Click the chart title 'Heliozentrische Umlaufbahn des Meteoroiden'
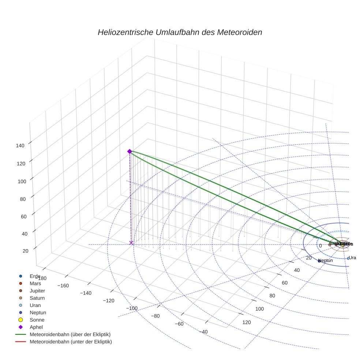pyautogui.click(x=180, y=32)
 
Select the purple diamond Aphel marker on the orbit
pyautogui.click(x=129, y=151)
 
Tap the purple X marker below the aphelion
pyautogui.click(x=131, y=243)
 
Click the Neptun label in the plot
pyautogui.click(x=326, y=260)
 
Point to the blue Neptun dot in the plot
pyautogui.click(x=319, y=261)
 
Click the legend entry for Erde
pyautogui.click(x=35, y=276)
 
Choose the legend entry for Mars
pyautogui.click(x=35, y=283)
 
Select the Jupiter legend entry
pyautogui.click(x=37, y=290)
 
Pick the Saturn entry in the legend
pyautogui.click(x=37, y=298)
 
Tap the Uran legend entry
pyautogui.click(x=35, y=305)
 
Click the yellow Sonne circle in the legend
pyautogui.click(x=20, y=320)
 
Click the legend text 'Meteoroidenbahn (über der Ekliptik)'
pyautogui.click(x=70, y=334)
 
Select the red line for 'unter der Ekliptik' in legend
pyautogui.click(x=20, y=342)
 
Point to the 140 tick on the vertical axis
pyautogui.click(x=20, y=145)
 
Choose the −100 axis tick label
pyautogui.click(x=132, y=308)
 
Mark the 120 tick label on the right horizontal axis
pyautogui.click(x=247, y=322)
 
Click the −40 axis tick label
pyautogui.click(x=204, y=332)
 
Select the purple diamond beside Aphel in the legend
pyautogui.click(x=20, y=327)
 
